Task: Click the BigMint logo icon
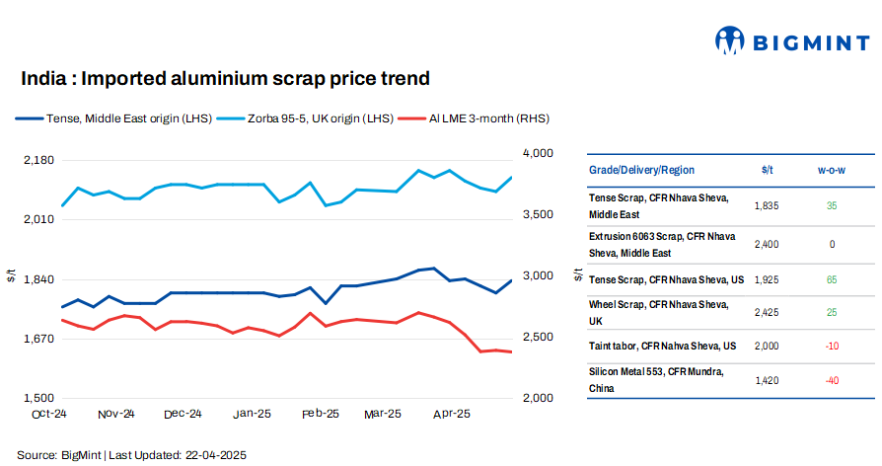tap(729, 40)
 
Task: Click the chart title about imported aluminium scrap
tap(225, 78)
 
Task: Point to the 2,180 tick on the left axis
tap(38, 159)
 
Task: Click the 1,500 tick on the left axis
tap(38, 398)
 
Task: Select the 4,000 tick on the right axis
tap(537, 154)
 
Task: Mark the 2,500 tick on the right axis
tap(537, 338)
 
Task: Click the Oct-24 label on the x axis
tap(48, 415)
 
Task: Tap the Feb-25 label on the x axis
tap(321, 415)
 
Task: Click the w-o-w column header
tap(832, 170)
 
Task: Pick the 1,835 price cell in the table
tap(767, 205)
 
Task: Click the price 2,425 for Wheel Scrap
tap(767, 313)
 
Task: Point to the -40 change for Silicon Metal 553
tap(832, 380)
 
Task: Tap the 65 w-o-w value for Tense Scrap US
tap(832, 280)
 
